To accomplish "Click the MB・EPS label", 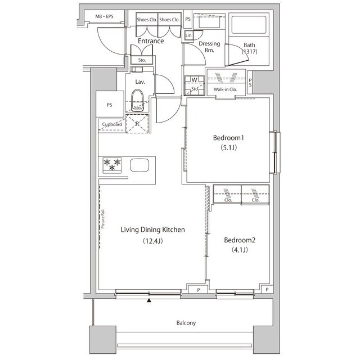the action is click(104, 16).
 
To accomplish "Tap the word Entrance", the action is click(151, 41).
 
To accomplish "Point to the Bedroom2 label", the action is click(240, 240).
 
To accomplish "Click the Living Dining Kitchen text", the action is click(152, 229).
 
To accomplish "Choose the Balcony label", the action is click(186, 323).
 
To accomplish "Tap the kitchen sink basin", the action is click(139, 165).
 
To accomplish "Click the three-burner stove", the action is click(112, 165).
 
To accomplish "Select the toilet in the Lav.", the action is click(137, 100).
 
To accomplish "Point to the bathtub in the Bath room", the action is click(249, 25).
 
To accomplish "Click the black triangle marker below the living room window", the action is click(149, 300).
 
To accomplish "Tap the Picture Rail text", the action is click(102, 219).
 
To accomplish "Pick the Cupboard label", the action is click(112, 124).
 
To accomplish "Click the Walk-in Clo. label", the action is click(225, 89).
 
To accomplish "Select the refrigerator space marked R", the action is click(137, 124).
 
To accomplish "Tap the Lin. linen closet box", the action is click(189, 35).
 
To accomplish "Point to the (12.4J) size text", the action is click(152, 241).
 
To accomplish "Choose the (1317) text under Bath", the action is click(249, 51).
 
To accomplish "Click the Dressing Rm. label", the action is click(209, 47).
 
